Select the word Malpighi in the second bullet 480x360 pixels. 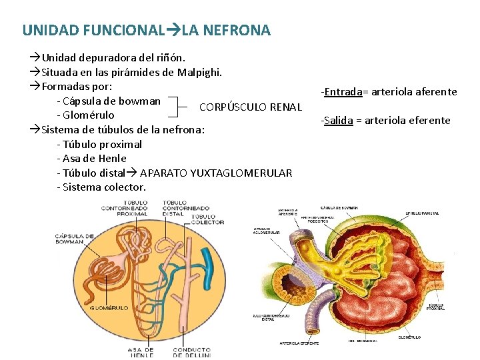coord(199,72)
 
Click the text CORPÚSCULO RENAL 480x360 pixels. coord(251,107)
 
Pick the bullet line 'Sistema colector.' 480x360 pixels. coord(101,187)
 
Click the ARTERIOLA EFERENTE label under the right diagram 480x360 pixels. coord(300,343)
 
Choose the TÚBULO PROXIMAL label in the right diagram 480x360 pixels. coord(435,307)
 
